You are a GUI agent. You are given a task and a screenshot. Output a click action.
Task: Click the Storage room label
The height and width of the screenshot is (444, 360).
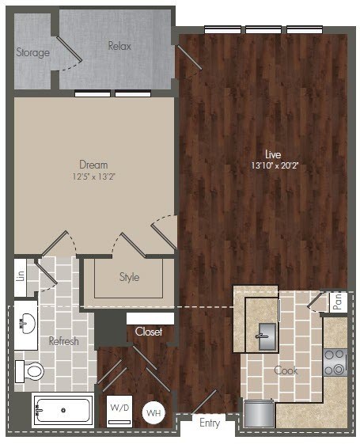coord(32,53)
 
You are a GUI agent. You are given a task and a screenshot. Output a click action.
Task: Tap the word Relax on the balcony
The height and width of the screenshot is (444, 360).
coord(119,46)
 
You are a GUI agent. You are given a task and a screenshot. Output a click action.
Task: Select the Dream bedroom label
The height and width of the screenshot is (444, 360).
coord(93,165)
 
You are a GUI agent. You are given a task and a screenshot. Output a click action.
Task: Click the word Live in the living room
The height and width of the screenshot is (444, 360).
coord(273,154)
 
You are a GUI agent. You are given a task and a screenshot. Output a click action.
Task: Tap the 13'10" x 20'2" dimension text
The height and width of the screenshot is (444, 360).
coord(273,165)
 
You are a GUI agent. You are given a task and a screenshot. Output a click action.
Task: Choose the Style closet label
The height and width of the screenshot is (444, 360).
coord(129,277)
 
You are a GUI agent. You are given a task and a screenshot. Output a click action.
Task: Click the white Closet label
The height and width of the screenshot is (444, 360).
coord(149,332)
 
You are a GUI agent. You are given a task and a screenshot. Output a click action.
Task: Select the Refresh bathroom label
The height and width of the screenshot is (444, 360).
coord(63,341)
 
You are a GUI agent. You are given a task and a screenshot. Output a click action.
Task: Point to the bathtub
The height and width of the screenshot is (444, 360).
coord(63,411)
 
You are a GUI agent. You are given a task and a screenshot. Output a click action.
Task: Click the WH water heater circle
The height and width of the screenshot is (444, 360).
coord(153,412)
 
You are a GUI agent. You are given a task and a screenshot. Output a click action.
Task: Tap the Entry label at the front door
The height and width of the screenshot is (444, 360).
coord(210,424)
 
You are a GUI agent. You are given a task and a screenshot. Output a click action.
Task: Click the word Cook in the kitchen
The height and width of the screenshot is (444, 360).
coord(285,370)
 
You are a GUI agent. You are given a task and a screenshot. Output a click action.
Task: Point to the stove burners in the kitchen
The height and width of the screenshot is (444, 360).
coord(335,362)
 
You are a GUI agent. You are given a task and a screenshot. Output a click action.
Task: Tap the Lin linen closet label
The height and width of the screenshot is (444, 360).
coord(20,276)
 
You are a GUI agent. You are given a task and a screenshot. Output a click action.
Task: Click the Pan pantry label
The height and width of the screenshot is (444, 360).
coord(337,302)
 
